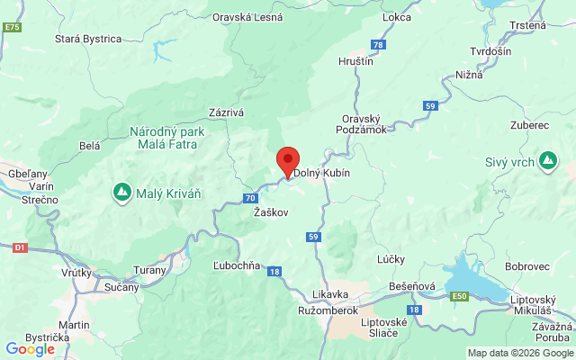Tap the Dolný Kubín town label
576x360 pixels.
pyautogui.click(x=321, y=173)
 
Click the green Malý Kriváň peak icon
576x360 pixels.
pyautogui.click(x=121, y=192)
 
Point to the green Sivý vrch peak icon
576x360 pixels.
pyautogui.click(x=547, y=162)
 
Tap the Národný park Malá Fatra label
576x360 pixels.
pyautogui.click(x=166, y=138)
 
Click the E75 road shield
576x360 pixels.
pyautogui.click(x=12, y=28)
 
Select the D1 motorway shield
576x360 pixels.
pyautogui.click(x=21, y=246)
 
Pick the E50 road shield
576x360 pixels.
pyautogui.click(x=460, y=295)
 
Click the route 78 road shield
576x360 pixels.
pyautogui.click(x=378, y=44)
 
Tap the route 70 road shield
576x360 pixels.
pyautogui.click(x=249, y=197)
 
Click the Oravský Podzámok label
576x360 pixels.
pyautogui.click(x=364, y=123)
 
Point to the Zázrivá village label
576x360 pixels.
pyautogui.click(x=226, y=112)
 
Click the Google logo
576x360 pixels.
pyautogui.click(x=30, y=348)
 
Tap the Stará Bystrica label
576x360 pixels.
pyautogui.click(x=88, y=39)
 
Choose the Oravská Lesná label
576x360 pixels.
pyautogui.click(x=247, y=15)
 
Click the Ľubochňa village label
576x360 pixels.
pyautogui.click(x=237, y=265)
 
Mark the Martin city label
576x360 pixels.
pyautogui.click(x=73, y=324)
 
